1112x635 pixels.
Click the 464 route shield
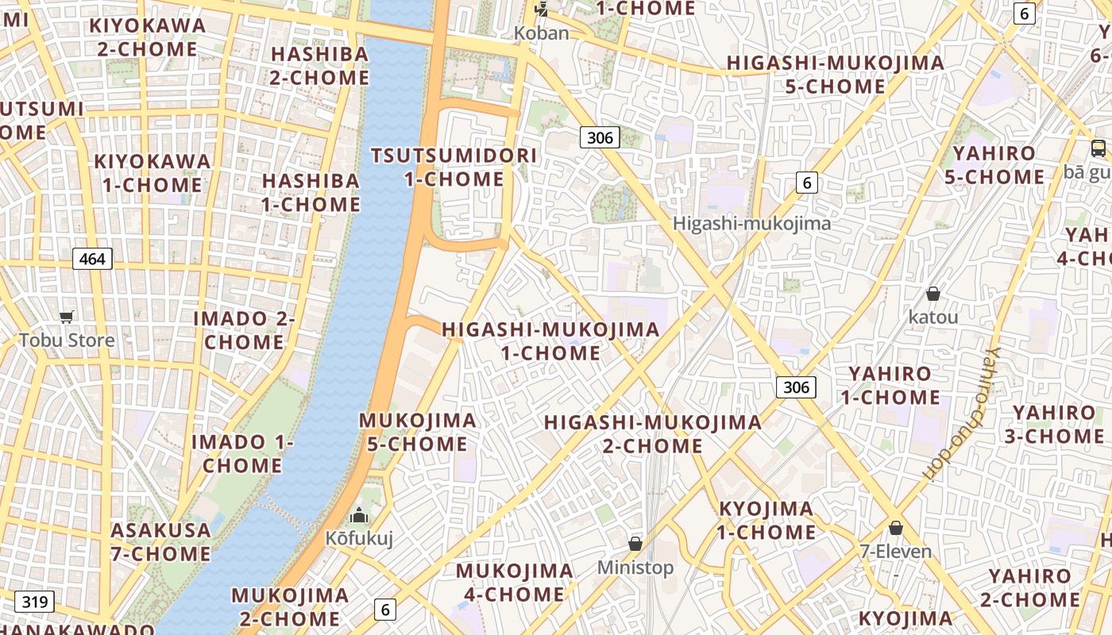(x=92, y=258)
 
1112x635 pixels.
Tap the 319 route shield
(x=34, y=602)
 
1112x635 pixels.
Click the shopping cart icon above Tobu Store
(x=67, y=317)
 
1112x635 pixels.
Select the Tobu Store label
(x=67, y=341)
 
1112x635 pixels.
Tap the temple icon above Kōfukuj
(x=359, y=516)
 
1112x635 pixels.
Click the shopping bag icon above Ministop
(x=635, y=544)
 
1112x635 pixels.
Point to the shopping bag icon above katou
(x=933, y=294)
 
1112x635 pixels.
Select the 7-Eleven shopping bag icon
(x=896, y=528)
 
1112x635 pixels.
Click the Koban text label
(x=542, y=33)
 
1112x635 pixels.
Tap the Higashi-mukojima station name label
(x=751, y=223)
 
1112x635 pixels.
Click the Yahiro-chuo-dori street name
(x=962, y=413)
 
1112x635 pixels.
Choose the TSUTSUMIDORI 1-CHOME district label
(x=454, y=167)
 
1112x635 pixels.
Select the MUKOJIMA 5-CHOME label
(x=418, y=432)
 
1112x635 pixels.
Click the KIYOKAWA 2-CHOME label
(x=148, y=37)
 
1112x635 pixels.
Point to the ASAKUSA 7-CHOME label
(x=161, y=541)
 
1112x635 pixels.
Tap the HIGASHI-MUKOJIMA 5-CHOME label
(x=836, y=74)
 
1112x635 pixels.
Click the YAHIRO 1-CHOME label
(x=890, y=385)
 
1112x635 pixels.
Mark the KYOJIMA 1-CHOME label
(x=766, y=520)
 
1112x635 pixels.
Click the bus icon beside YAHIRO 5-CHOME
(x=1098, y=148)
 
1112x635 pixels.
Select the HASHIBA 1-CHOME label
(x=311, y=192)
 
